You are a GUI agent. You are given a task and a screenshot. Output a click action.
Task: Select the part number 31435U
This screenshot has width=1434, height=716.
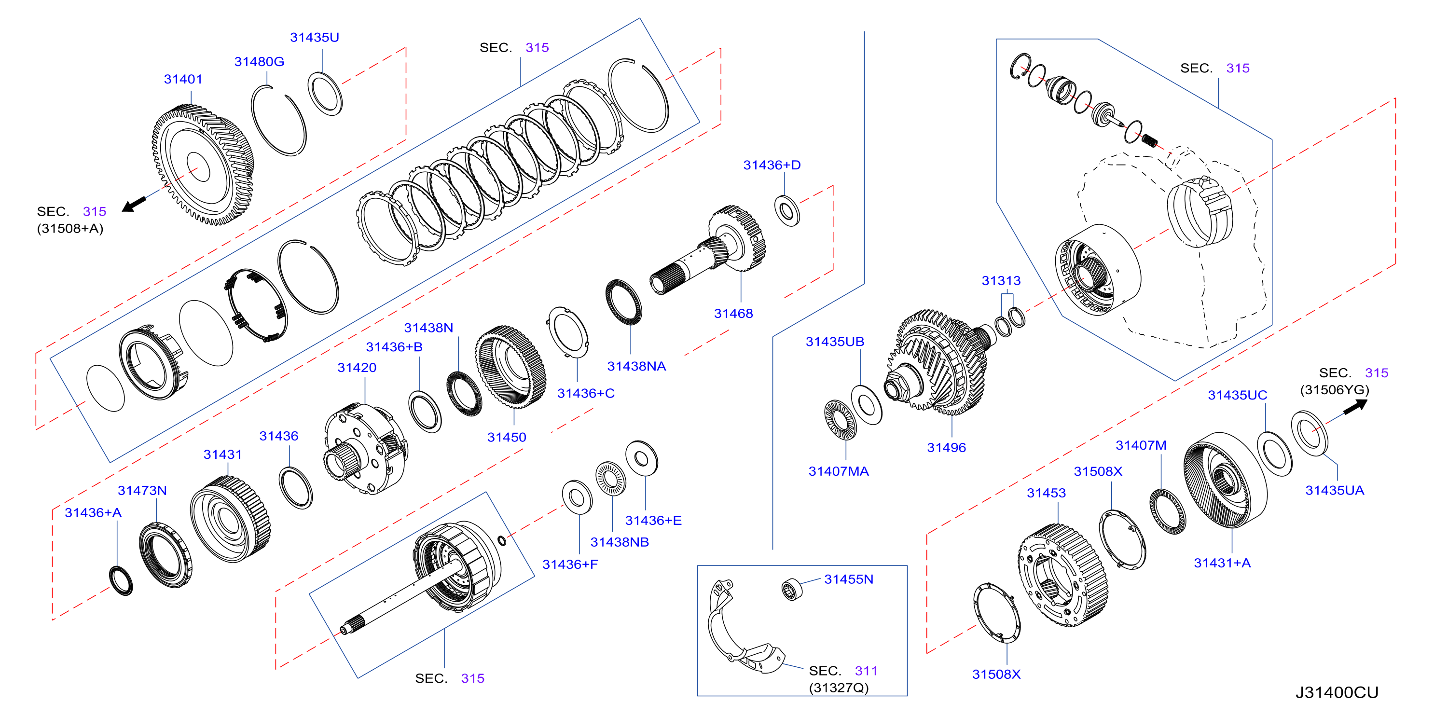(x=315, y=37)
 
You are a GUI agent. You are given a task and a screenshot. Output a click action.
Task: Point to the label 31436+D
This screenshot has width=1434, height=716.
(x=772, y=165)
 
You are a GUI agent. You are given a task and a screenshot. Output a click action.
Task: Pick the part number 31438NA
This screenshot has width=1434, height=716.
(x=636, y=366)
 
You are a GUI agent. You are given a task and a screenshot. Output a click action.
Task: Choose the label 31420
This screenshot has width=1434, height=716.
(x=357, y=368)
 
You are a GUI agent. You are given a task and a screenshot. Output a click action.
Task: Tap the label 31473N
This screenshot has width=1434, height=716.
(x=142, y=491)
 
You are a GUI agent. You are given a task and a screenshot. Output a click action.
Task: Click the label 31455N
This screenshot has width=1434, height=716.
(x=848, y=579)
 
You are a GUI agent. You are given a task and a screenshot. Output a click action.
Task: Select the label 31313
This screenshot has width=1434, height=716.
(x=1001, y=281)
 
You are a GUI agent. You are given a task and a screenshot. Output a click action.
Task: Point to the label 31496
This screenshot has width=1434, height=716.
(x=946, y=448)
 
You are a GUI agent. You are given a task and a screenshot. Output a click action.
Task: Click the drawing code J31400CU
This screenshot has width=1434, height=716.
(x=1337, y=693)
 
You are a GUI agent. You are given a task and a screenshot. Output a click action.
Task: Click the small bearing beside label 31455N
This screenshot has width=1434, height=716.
(x=791, y=590)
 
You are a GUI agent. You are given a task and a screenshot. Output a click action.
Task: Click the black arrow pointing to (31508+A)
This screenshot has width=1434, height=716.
(x=134, y=203)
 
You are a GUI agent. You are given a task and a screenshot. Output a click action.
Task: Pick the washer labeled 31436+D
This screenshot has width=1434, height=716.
(x=787, y=211)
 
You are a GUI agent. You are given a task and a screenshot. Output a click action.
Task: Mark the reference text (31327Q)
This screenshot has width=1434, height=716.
(x=839, y=688)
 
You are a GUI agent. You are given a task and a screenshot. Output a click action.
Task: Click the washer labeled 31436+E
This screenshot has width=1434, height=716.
(x=641, y=459)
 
